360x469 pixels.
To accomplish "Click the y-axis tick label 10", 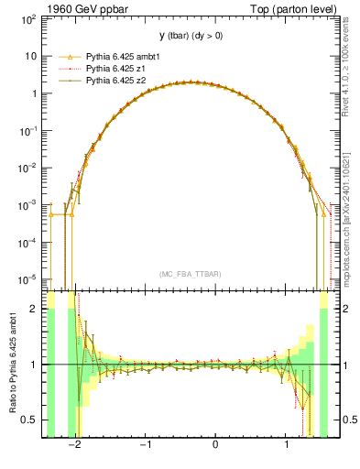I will click(x=31, y=56).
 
